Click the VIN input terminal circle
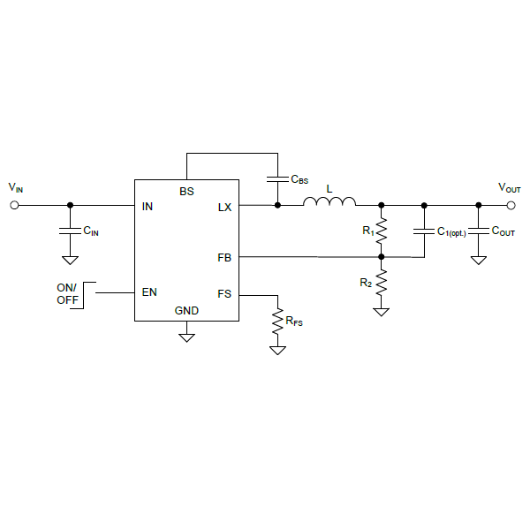point(14,205)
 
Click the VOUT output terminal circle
point(511,205)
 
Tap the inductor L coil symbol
point(329,201)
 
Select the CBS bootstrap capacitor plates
point(278,179)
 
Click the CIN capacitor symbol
point(71,231)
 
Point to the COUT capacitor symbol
point(479,231)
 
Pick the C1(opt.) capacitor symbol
point(424,231)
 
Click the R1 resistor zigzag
point(382,231)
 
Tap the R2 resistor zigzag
point(382,283)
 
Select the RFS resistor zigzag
point(278,322)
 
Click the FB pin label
point(224,258)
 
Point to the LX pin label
point(224,208)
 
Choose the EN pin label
point(149,292)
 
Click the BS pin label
point(186,192)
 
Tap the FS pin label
point(224,294)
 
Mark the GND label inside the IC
point(186,311)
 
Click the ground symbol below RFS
point(278,350)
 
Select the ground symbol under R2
point(382,312)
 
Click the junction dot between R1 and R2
point(382,257)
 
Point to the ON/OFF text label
point(67,294)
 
